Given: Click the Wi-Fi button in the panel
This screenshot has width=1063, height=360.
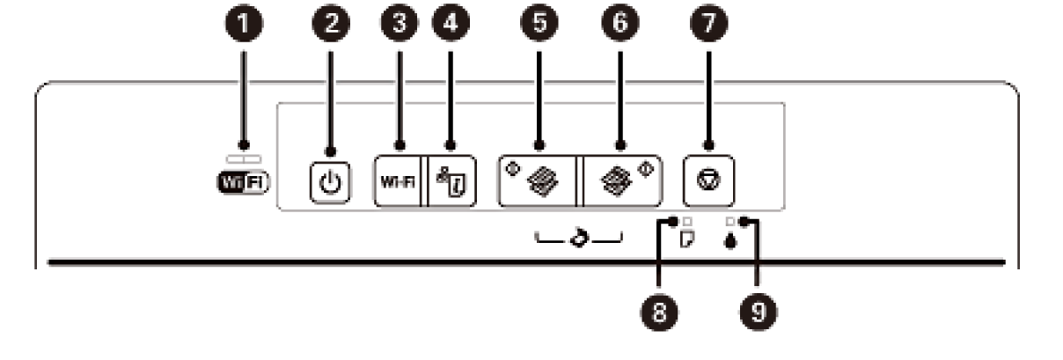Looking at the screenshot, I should [x=399, y=181].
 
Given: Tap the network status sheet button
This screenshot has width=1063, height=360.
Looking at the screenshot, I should [x=451, y=181].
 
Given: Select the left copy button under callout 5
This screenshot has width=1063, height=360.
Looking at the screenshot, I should [x=537, y=181].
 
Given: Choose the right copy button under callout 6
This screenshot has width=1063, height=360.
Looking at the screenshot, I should [x=623, y=181].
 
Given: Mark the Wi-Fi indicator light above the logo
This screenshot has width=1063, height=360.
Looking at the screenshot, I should [x=244, y=159].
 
